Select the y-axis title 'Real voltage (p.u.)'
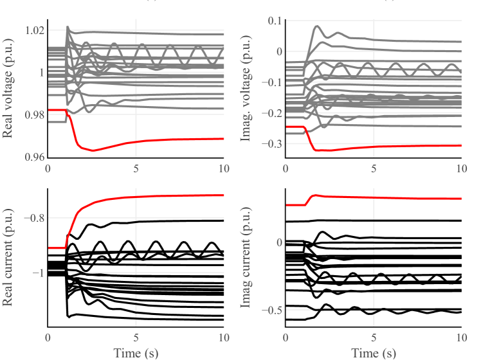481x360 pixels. click(9, 94)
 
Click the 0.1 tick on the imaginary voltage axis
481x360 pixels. click(275, 21)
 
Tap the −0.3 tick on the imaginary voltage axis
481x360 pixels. click(272, 144)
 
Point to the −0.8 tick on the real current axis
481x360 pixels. click(31, 217)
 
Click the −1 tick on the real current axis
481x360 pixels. click(35, 273)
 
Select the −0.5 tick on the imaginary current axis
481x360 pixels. click(272, 310)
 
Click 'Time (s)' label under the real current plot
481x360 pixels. click(136, 352)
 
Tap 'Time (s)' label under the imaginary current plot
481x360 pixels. click(374, 352)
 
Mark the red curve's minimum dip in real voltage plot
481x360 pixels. click(93, 150)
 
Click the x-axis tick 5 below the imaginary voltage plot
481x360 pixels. click(374, 168)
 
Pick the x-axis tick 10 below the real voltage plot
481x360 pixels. click(222, 168)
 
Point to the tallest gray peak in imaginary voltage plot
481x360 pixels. click(317, 26)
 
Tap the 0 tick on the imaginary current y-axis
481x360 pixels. click(278, 242)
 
